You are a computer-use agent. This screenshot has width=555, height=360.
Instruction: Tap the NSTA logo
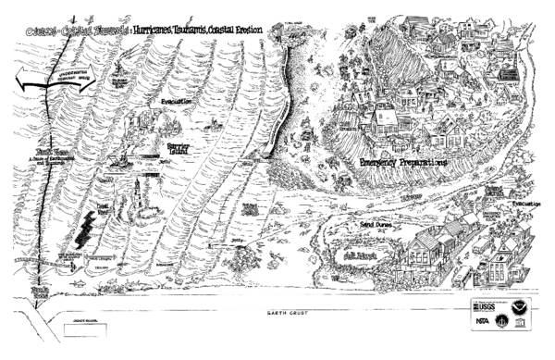[483, 321]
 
